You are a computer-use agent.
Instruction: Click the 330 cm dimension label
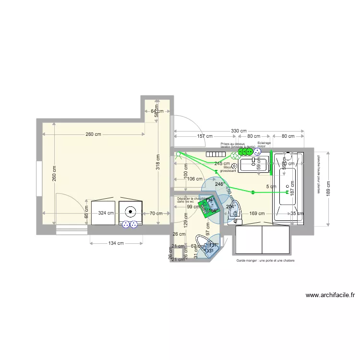[239, 131]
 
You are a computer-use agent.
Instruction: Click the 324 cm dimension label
[106, 213]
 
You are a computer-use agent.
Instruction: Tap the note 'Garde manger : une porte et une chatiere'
[265, 261]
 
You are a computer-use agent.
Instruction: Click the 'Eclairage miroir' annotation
[264, 144]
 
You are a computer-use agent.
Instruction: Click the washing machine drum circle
[130, 210]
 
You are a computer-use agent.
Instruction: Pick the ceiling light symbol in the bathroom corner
[179, 155]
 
